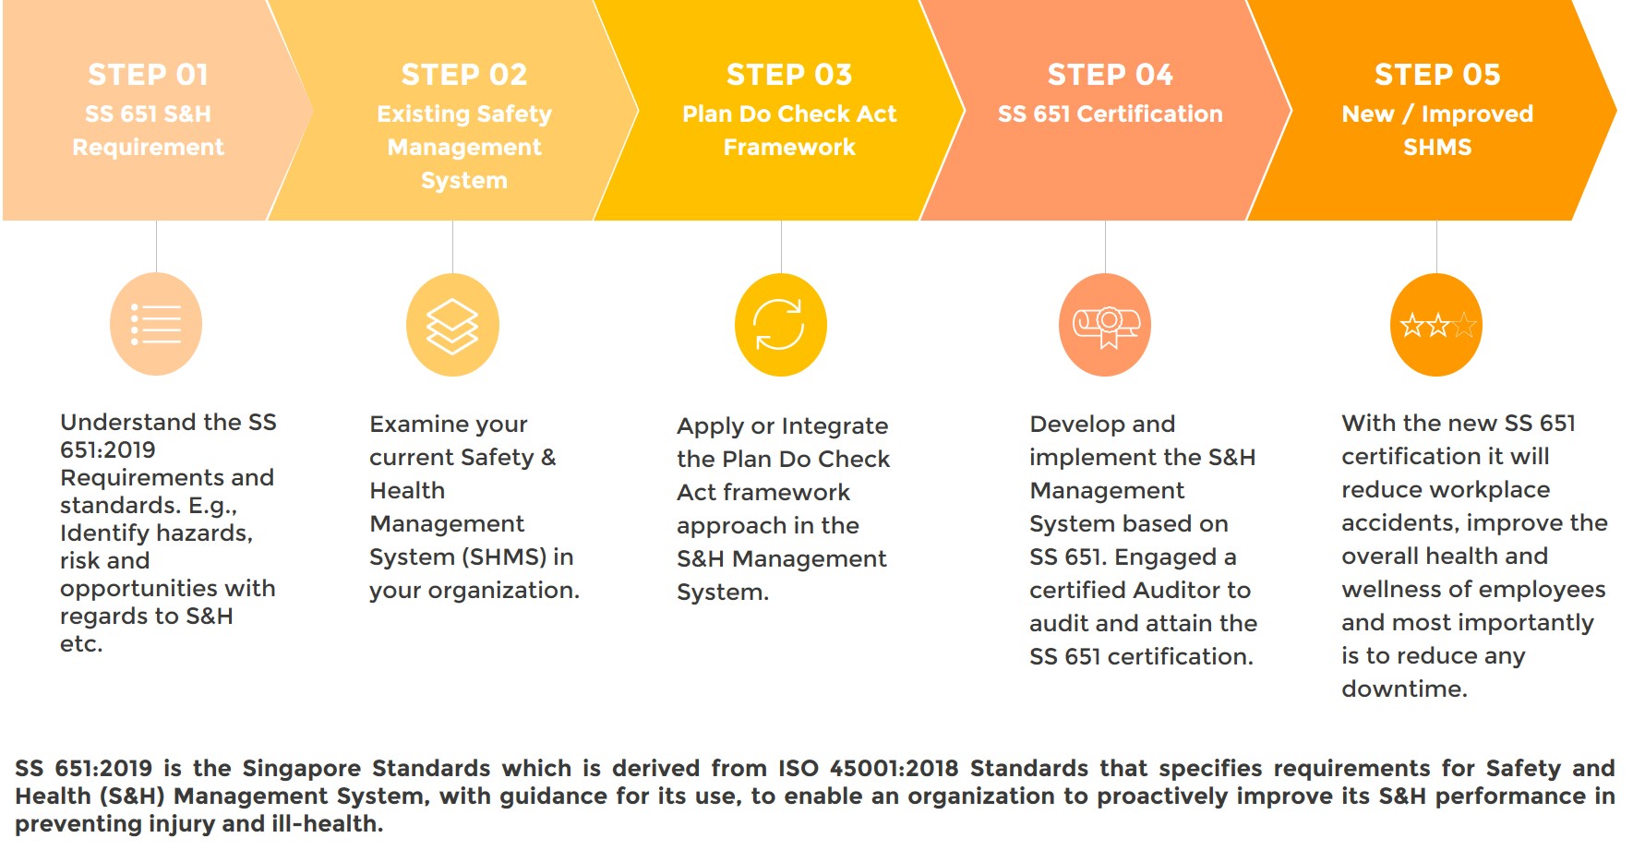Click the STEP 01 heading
(148, 75)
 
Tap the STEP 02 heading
(464, 75)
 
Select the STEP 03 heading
(789, 75)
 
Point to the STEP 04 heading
(1111, 75)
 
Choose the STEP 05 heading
(1437, 75)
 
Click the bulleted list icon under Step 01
(156, 324)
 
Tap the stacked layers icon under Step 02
(452, 326)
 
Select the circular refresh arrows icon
(779, 325)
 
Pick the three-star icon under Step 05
(1437, 325)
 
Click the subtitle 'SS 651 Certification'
(1111, 114)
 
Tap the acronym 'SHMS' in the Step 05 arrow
(1437, 147)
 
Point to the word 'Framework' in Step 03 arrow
(789, 147)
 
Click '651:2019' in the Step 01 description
(108, 449)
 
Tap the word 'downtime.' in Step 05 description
(1404, 688)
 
